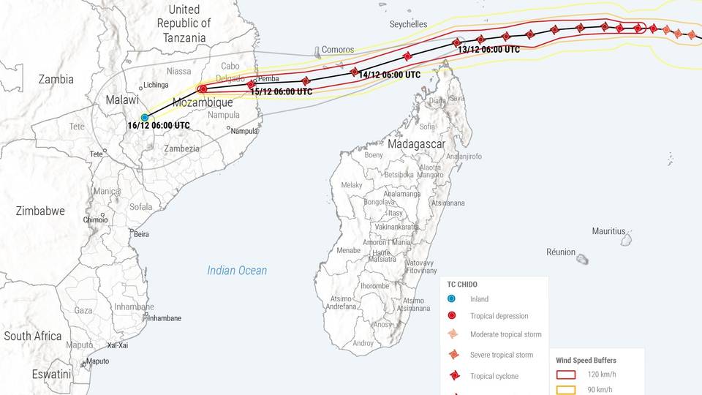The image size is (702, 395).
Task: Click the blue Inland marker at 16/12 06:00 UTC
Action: click(145, 118)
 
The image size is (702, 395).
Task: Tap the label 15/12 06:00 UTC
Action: click(281, 92)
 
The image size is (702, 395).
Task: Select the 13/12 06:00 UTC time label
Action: click(488, 50)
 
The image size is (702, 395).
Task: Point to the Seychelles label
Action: click(408, 24)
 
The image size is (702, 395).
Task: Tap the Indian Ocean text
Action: click(237, 271)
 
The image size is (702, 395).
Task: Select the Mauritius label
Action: click(608, 231)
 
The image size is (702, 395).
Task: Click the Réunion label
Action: click(561, 252)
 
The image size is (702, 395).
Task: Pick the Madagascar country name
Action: click(416, 144)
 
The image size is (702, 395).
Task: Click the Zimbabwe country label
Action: click(40, 211)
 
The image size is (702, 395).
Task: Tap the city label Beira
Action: click(141, 234)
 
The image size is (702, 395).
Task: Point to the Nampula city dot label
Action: click(244, 131)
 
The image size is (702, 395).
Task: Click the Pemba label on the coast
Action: click(268, 78)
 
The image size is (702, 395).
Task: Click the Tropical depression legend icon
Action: click(452, 316)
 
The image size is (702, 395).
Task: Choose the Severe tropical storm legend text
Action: click(501, 355)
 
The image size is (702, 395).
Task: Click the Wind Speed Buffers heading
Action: click(586, 361)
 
